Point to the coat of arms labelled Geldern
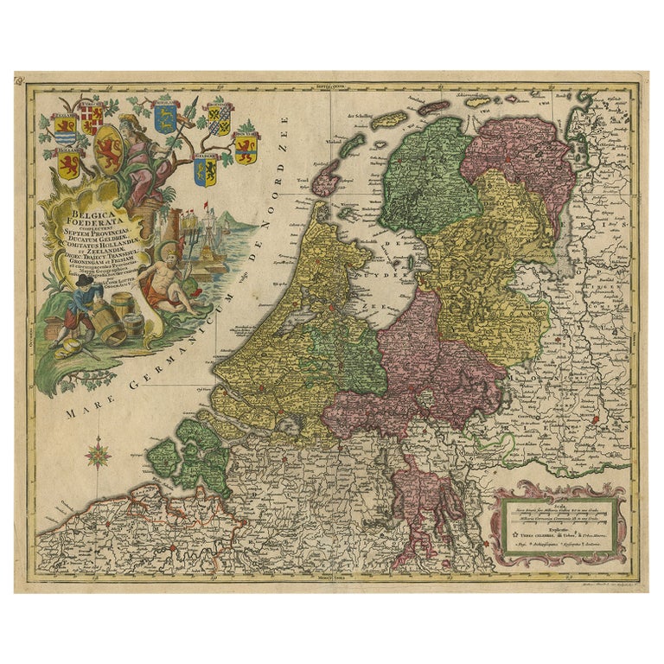[x=65, y=128]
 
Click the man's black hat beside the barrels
[x=84, y=282]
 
